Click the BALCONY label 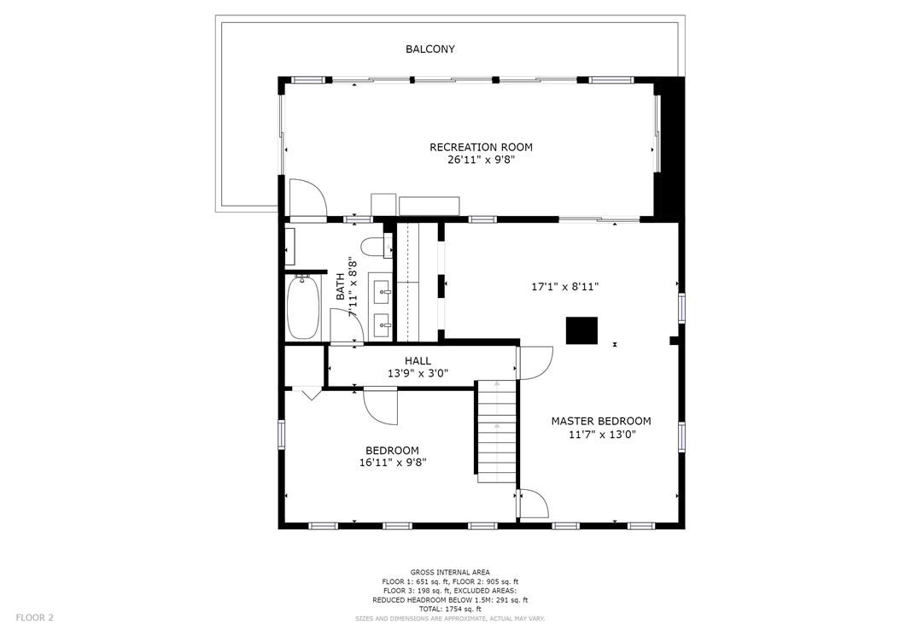pos(430,49)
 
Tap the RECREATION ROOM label pos(481,147)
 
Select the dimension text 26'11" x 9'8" pos(481,160)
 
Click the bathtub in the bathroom pos(302,307)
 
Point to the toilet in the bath pos(376,246)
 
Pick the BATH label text pos(341,287)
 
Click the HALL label pos(418,361)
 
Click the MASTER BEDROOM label pos(601,421)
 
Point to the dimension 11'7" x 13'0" pos(602,435)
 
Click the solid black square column pos(582,330)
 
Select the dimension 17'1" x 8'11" pos(564,286)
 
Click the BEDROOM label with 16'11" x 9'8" pos(392,451)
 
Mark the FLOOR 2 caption pos(34,617)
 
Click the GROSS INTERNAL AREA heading pos(450,572)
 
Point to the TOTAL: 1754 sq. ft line pos(450,609)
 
